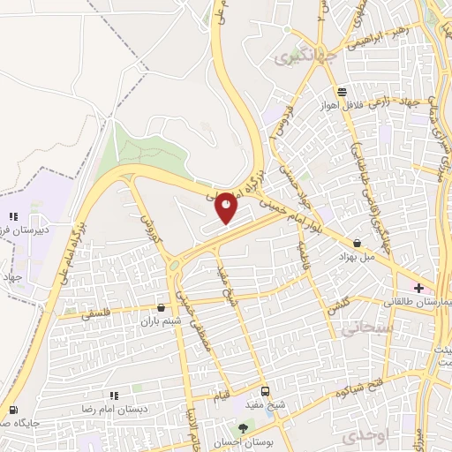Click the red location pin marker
click(x=227, y=207)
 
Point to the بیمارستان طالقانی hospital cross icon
click(x=418, y=288)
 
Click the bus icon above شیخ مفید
click(x=267, y=392)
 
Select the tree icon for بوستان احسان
click(x=243, y=428)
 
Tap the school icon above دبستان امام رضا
click(x=113, y=396)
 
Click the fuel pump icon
click(x=12, y=411)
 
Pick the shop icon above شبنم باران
click(x=160, y=307)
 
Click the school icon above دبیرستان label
click(x=12, y=217)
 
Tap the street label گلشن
click(x=338, y=305)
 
